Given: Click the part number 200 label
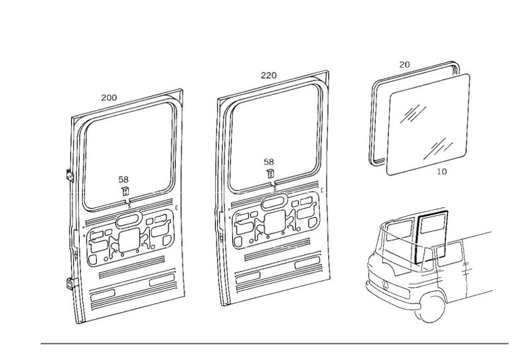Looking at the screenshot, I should (x=109, y=98).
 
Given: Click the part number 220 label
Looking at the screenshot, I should (x=269, y=76).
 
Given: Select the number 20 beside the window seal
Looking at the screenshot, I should (x=405, y=64).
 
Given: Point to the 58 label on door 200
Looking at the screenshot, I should (x=124, y=179).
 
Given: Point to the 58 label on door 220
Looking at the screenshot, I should (x=269, y=161).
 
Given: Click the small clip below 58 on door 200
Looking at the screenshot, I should (x=124, y=191).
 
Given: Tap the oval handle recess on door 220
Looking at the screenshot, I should (x=273, y=202).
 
